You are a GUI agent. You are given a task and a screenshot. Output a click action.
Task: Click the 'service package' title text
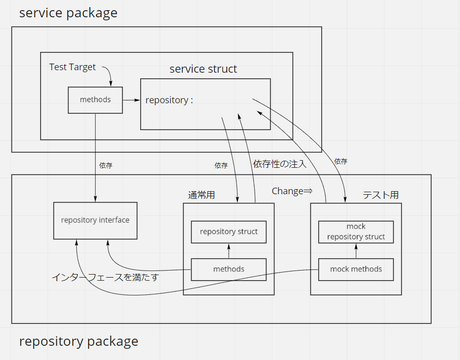point(68,13)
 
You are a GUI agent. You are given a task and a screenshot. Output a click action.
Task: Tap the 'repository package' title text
point(79,341)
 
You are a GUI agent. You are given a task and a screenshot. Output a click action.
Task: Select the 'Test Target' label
point(72,67)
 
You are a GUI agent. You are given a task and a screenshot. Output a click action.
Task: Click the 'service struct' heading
point(203,69)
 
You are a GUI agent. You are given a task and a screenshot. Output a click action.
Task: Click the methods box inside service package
point(96,100)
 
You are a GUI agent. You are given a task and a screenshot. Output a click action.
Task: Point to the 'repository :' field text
point(169,100)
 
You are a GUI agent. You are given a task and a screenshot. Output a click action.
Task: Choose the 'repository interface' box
point(95,220)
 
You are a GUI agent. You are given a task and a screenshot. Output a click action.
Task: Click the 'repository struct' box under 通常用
point(229,232)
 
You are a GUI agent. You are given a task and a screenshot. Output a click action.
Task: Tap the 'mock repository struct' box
point(356,231)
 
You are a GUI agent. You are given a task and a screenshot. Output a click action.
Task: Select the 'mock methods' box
point(356,269)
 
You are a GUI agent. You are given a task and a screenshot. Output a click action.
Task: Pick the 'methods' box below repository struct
point(229,269)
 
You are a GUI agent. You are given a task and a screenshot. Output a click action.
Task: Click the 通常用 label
point(201,195)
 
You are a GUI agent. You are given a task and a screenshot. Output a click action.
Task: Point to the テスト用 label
point(380,195)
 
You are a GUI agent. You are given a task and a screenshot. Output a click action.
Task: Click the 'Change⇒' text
point(292,191)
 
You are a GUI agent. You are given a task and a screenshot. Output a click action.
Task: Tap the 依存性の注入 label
point(280,164)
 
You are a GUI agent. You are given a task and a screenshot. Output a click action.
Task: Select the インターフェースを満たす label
point(105,278)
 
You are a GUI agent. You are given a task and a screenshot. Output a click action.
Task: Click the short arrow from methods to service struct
point(131,100)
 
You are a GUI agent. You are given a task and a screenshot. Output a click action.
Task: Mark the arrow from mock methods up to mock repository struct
point(356,251)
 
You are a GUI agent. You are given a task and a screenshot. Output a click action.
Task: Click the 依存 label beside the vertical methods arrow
point(106,165)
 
